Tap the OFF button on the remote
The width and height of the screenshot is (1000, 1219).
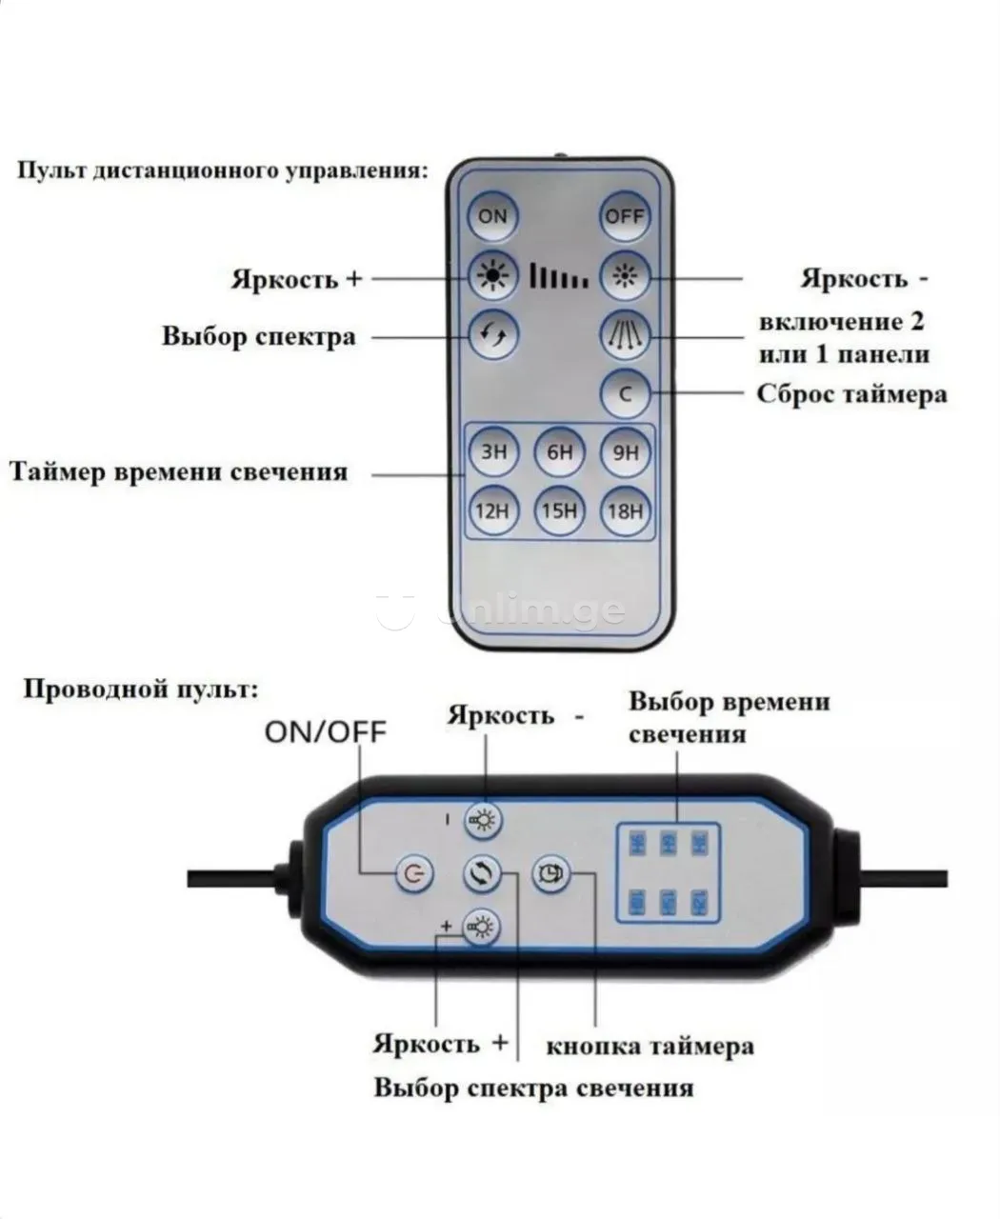(625, 216)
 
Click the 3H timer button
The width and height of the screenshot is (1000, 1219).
(492, 452)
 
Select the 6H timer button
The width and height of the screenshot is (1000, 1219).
(559, 452)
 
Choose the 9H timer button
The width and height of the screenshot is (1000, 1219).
(626, 452)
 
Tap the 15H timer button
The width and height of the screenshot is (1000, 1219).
(559, 511)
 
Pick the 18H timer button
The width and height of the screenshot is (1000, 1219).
(626, 511)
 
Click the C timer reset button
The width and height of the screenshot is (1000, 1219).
(626, 392)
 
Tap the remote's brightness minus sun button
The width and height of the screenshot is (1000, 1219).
(626, 277)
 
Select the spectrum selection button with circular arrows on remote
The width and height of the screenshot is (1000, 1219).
(492, 334)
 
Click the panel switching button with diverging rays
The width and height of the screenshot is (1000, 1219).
(626, 334)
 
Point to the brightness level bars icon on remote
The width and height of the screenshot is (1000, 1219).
(559, 277)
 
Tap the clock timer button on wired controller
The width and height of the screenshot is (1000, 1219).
(550, 871)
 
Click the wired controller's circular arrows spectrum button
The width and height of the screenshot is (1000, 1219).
(482, 873)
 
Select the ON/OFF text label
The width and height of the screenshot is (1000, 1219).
(326, 731)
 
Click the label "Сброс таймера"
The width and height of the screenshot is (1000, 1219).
(851, 393)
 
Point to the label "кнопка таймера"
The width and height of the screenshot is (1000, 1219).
(650, 1046)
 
